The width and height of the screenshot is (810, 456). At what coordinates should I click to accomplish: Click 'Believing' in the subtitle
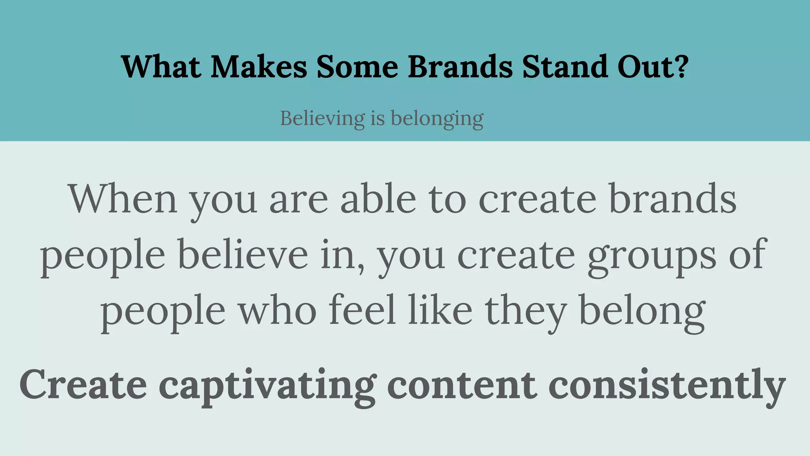pyautogui.click(x=322, y=118)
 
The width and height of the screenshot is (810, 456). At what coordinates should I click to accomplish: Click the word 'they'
pyautogui.click(x=526, y=311)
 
